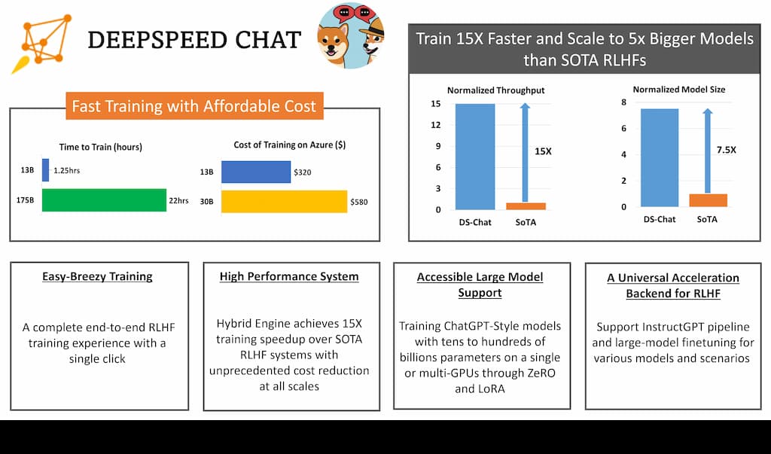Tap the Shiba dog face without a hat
coord(333,42)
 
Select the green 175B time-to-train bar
coord(104,200)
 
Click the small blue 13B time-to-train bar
coord(46,170)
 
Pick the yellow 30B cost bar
coord(284,202)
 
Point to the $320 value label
coord(303,172)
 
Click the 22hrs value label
coord(179,200)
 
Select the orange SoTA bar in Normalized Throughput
coord(526,206)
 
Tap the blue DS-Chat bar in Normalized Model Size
coord(660,158)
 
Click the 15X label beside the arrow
coord(543,151)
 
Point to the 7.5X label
coord(727,150)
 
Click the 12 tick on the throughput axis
coord(436,125)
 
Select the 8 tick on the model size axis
coord(624,102)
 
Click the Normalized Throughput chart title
coord(495,90)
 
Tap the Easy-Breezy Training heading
coord(97,277)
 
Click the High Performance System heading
coord(289,277)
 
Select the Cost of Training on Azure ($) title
coord(290,145)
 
